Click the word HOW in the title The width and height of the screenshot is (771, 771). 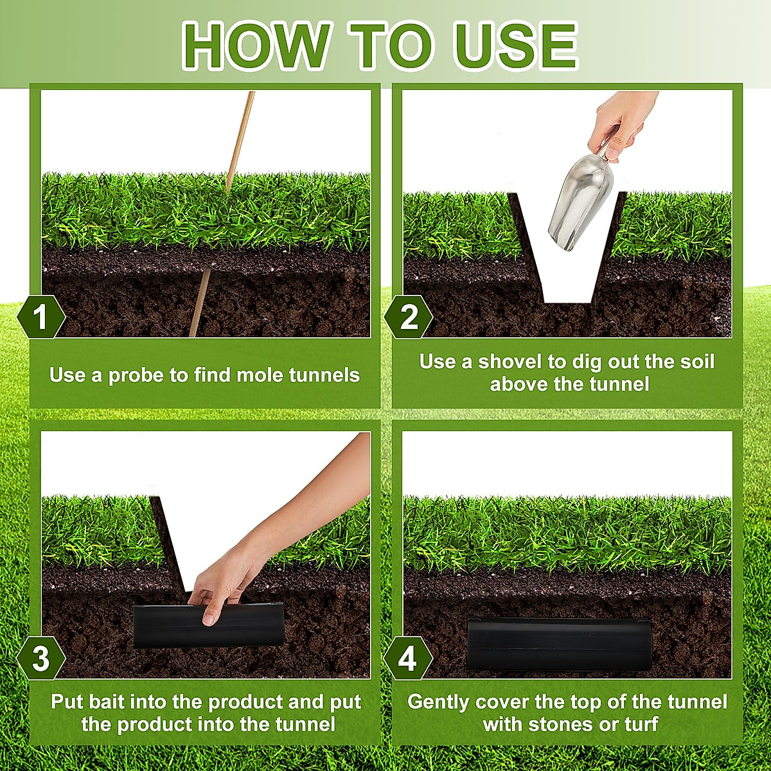(254, 46)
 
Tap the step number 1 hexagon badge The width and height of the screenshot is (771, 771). (41, 317)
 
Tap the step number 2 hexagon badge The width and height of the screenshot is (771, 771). (408, 317)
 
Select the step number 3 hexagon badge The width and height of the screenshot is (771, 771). (41, 659)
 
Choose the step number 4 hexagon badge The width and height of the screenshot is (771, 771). (408, 659)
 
